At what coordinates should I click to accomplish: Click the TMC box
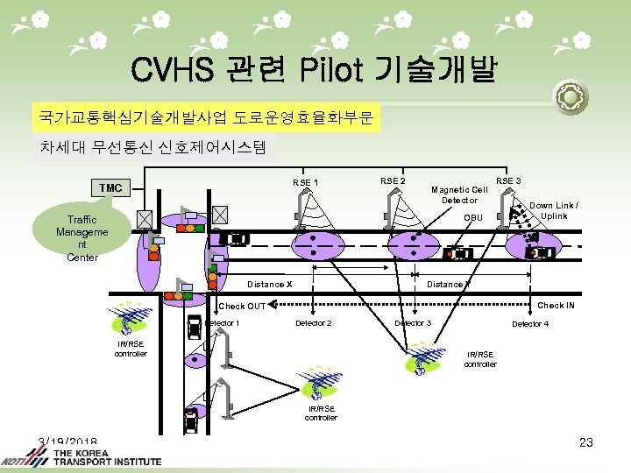[x=110, y=188]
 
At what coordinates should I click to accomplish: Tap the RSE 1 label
[x=305, y=183]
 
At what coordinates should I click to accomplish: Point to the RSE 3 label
[x=508, y=181]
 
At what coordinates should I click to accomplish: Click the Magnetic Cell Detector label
[x=459, y=194]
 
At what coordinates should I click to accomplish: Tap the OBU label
[x=473, y=217]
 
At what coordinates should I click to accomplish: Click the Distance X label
[x=269, y=284]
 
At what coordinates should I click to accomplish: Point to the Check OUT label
[x=242, y=306]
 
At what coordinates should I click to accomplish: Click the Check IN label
[x=556, y=305]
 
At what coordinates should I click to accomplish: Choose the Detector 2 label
[x=313, y=324]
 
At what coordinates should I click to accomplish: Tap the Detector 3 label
[x=413, y=324]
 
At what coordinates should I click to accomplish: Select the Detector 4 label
[x=530, y=325]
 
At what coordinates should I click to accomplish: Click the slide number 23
[x=586, y=442]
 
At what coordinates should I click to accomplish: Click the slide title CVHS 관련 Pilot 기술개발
[x=313, y=69]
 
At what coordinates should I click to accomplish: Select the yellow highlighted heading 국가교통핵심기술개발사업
[x=207, y=116]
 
